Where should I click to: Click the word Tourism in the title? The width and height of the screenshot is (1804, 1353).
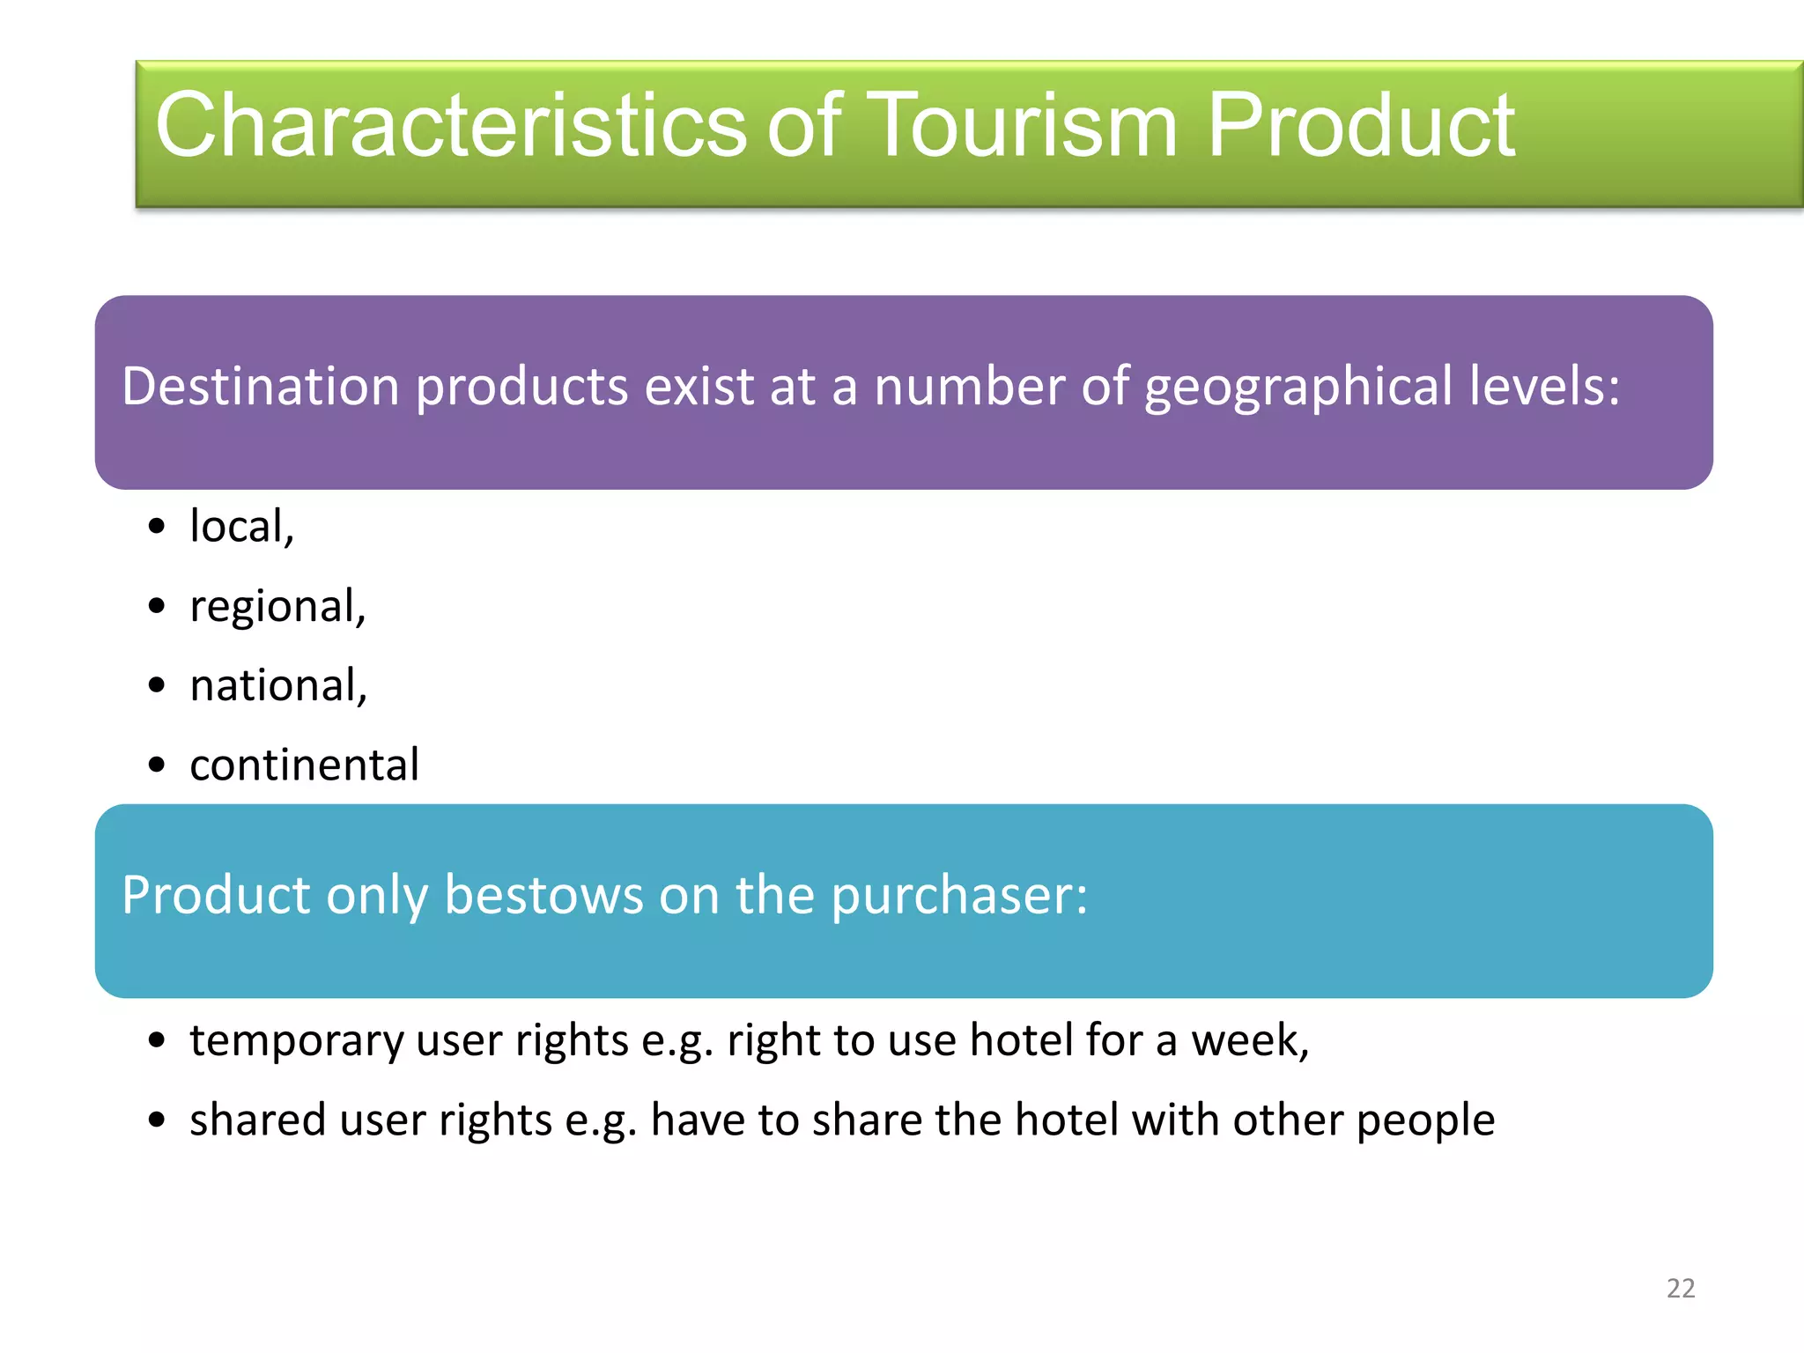[x=1024, y=126]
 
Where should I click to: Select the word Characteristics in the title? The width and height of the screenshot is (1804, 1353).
[x=450, y=126]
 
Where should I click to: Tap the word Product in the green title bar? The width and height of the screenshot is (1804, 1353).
[x=1360, y=126]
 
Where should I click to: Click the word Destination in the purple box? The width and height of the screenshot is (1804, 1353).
[x=261, y=387]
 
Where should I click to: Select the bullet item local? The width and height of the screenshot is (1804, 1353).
[x=241, y=527]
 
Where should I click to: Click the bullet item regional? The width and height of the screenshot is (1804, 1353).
[x=277, y=607]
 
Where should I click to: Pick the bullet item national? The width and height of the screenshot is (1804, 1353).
[x=278, y=686]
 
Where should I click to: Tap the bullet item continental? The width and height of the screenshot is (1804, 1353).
[x=304, y=765]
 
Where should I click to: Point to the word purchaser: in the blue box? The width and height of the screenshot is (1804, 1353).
[x=959, y=896]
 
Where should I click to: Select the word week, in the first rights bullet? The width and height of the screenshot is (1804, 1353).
[x=1250, y=1041]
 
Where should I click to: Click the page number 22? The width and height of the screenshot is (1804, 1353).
[x=1681, y=1289]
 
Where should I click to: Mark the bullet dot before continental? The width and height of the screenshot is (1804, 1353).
[x=157, y=765]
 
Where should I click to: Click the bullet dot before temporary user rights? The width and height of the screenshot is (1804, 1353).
[x=157, y=1041]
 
